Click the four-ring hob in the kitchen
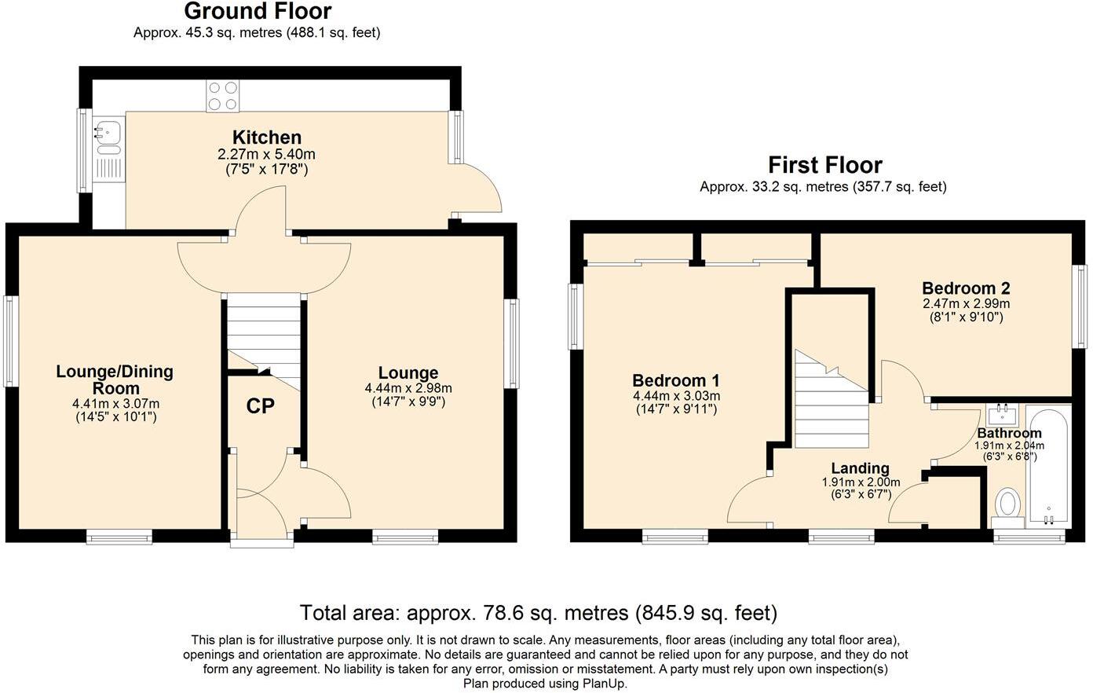coord(222,97)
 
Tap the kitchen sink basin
coord(106,130)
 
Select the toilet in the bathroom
coord(1007,502)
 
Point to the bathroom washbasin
coord(1003,413)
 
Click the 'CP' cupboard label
coord(260,406)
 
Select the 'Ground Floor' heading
coord(258,12)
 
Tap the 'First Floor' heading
coord(824,165)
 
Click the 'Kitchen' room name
coord(266,137)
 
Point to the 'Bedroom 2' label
coord(966,288)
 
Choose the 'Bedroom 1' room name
coord(676,380)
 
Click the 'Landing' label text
coord(861,468)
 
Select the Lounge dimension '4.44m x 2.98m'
coord(408,388)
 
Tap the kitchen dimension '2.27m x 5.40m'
coord(266,154)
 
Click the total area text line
coord(539,613)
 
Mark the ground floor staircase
coord(264,334)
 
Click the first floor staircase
coord(831,401)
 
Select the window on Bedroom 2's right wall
coord(1081,306)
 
